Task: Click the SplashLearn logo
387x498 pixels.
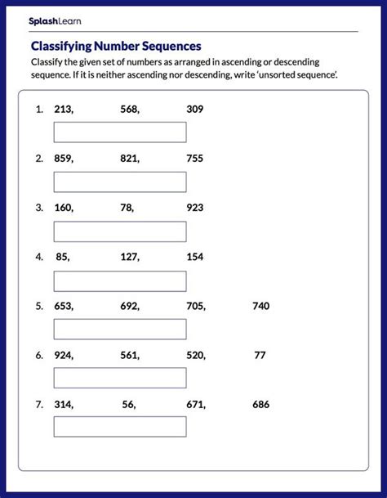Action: [55, 20]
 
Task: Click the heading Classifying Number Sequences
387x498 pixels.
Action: [115, 47]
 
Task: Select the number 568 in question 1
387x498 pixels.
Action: [128, 110]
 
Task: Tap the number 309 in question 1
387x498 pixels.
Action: [194, 110]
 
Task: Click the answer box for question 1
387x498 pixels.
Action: [120, 132]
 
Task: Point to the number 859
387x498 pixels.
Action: [63, 159]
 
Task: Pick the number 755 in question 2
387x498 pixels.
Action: [194, 159]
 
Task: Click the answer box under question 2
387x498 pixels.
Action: [120, 182]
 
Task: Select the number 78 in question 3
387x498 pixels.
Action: [127, 208]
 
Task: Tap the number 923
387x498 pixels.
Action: [194, 208]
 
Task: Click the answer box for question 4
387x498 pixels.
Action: [120, 280]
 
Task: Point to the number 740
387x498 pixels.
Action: [260, 306]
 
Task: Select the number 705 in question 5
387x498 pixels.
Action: [194, 306]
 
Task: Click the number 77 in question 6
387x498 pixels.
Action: [260, 355]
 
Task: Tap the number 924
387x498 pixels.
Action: [63, 355]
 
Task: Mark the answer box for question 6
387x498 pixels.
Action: [120, 378]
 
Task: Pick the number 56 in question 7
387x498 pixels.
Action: [128, 404]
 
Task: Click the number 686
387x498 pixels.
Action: [260, 404]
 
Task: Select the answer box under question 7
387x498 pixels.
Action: [120, 427]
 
